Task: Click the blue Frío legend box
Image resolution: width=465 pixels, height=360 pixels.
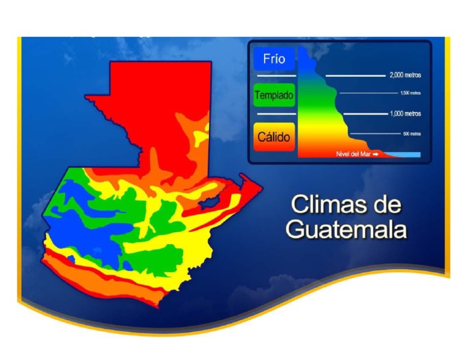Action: point(274,59)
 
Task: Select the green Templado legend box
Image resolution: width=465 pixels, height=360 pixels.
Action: point(274,95)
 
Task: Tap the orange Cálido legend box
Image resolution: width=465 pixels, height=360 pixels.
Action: point(274,136)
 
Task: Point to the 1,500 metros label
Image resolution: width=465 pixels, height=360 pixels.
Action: point(410,93)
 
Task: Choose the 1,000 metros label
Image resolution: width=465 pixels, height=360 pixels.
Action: point(405,113)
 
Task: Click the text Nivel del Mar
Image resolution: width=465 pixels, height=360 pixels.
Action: point(353,155)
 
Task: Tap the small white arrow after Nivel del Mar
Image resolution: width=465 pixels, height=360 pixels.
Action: point(375,155)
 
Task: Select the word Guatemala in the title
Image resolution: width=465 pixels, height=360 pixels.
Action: point(346,230)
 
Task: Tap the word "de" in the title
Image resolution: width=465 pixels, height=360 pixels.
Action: point(386,205)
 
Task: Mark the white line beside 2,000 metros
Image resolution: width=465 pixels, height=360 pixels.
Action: point(355,76)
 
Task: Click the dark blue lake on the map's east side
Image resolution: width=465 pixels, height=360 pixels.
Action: point(212,201)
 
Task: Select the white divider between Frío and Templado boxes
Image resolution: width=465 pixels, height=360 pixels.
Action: point(274,76)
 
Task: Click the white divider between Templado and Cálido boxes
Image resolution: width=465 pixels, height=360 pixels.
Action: point(274,114)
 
